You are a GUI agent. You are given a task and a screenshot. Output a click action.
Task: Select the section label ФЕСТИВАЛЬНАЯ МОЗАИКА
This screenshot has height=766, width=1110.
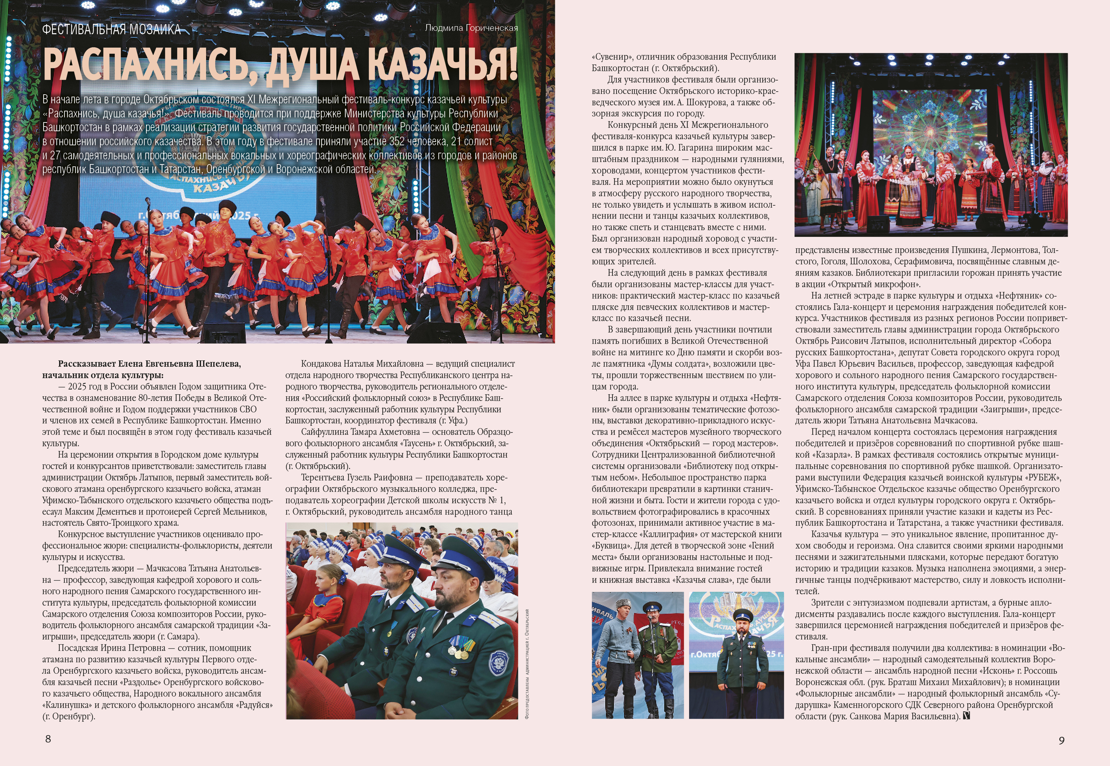(x=111, y=30)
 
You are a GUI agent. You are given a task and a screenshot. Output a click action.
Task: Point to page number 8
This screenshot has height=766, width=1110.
(x=48, y=738)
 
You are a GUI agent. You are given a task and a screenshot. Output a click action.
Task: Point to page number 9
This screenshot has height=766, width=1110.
(x=1062, y=740)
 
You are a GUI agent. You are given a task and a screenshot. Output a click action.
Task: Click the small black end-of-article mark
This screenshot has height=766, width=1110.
(x=966, y=716)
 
